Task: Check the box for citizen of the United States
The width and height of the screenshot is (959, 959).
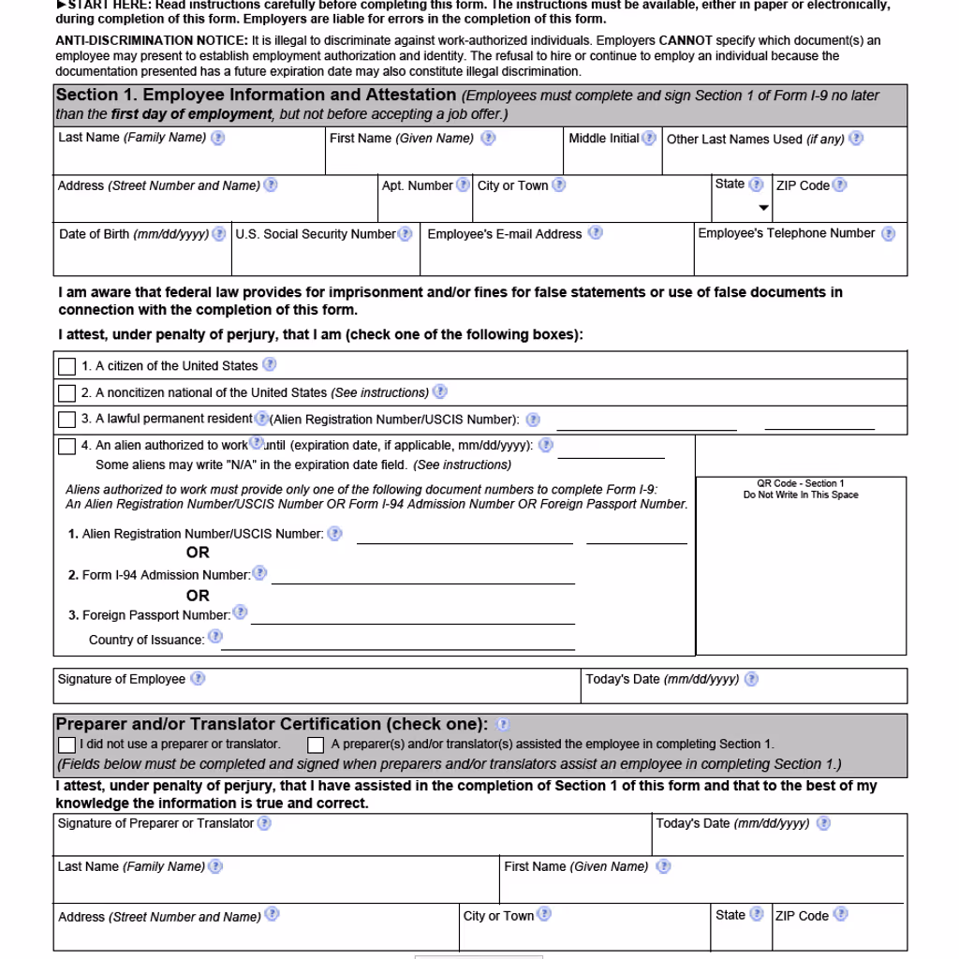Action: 67,366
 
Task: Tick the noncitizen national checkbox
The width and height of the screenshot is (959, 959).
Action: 67,393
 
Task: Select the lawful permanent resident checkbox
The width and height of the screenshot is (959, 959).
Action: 67,420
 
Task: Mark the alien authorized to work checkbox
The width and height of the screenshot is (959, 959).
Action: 67,447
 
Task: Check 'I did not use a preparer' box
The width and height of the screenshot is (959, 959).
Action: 66,745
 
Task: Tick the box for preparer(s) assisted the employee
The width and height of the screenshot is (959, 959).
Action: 317,745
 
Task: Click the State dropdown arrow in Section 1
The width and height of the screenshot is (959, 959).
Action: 763,208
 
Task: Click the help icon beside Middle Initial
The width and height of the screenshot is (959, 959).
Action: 649,139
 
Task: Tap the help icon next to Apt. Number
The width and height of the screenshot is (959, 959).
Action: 463,185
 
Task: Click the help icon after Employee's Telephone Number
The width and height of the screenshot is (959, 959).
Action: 888,234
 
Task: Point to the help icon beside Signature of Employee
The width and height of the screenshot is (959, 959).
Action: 198,679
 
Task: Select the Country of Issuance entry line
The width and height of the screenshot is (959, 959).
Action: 397,642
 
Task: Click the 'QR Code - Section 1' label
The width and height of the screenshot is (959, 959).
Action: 801,484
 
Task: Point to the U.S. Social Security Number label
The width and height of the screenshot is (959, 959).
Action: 316,234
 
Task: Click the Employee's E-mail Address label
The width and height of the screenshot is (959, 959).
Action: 505,234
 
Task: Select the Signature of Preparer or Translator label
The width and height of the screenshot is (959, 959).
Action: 155,823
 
